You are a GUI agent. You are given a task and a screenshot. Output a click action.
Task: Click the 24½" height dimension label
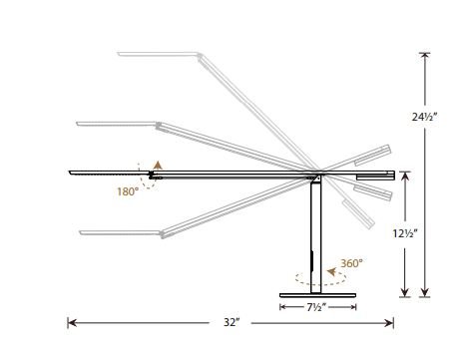click(424, 117)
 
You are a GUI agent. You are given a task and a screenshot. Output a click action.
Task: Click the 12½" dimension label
click(405, 233)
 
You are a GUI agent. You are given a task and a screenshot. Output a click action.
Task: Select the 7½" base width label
click(316, 307)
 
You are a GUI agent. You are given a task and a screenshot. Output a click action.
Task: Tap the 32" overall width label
click(232, 322)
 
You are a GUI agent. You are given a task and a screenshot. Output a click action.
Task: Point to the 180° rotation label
click(128, 191)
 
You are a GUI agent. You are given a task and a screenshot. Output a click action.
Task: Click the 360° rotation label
click(351, 263)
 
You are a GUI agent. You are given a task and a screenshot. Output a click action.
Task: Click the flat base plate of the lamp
click(317, 295)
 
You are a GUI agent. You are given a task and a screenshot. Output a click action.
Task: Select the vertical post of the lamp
click(316, 237)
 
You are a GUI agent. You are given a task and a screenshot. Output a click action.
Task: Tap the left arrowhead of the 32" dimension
click(72, 323)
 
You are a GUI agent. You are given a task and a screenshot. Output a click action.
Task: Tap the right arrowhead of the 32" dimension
click(389, 323)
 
